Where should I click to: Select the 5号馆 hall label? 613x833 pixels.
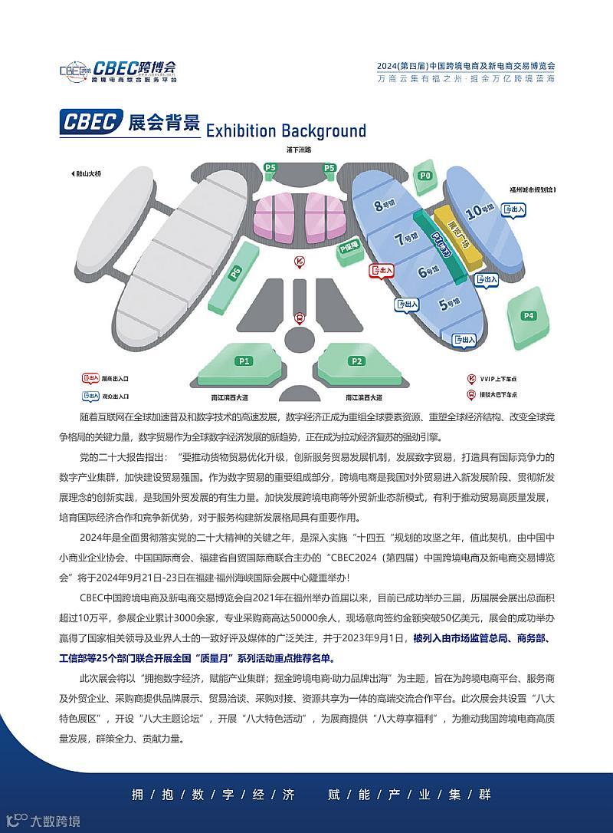click(x=447, y=305)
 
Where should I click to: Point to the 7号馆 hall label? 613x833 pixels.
click(x=404, y=239)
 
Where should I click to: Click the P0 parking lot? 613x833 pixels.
click(x=425, y=176)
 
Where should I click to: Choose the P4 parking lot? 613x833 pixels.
click(x=529, y=314)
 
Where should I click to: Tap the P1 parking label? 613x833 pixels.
click(x=244, y=361)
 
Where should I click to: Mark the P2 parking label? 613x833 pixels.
click(x=356, y=361)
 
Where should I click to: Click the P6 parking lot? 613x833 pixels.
click(x=235, y=272)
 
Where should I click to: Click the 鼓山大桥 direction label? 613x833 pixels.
click(x=86, y=174)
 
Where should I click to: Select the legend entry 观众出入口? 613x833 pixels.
click(x=107, y=397)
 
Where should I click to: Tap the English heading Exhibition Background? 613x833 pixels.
click(x=286, y=130)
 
